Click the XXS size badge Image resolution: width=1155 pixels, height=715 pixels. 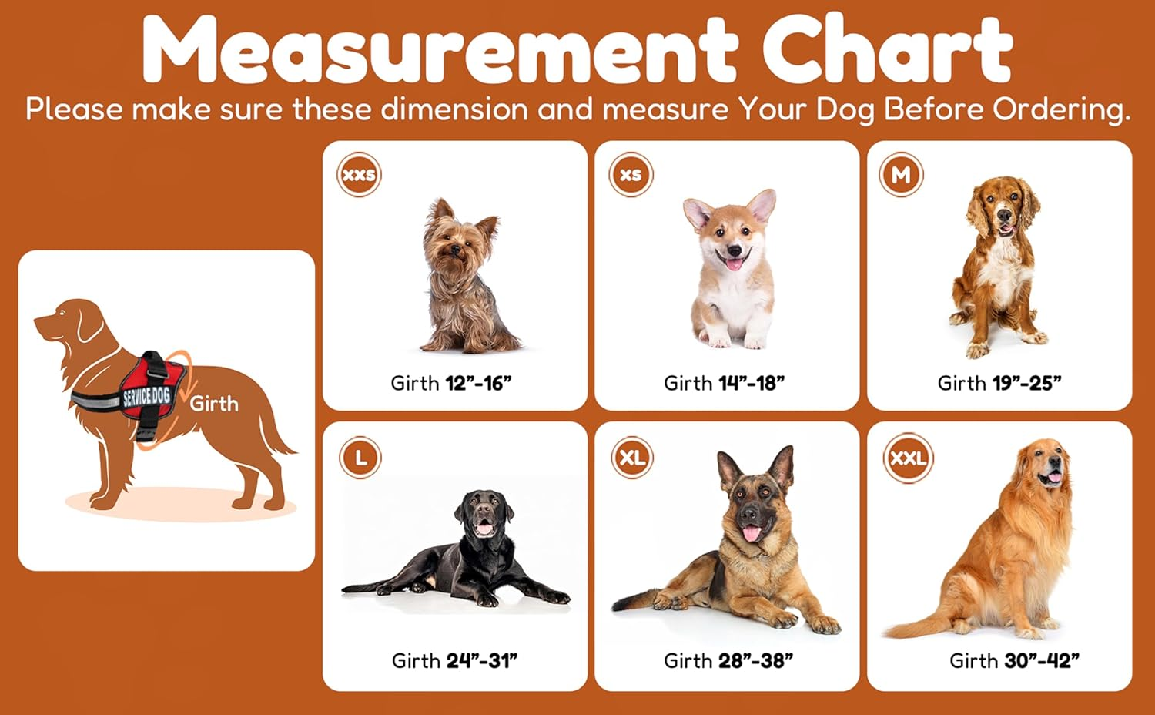[359, 175]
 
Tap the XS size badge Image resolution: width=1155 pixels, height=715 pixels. [631, 175]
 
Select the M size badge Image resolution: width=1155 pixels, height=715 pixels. [901, 175]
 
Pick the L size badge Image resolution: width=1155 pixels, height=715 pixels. [360, 458]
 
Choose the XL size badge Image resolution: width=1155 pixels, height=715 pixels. [632, 458]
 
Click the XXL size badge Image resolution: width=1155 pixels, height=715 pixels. [908, 458]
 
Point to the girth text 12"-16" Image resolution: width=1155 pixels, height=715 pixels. [478, 383]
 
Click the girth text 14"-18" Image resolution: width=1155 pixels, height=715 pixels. [751, 383]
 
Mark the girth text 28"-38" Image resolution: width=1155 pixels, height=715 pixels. [755, 660]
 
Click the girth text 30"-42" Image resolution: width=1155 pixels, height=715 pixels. [1041, 660]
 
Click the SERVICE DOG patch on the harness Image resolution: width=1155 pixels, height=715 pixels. [147, 397]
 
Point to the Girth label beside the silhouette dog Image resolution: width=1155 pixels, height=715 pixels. [214, 404]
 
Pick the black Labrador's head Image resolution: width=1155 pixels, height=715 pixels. [484, 513]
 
